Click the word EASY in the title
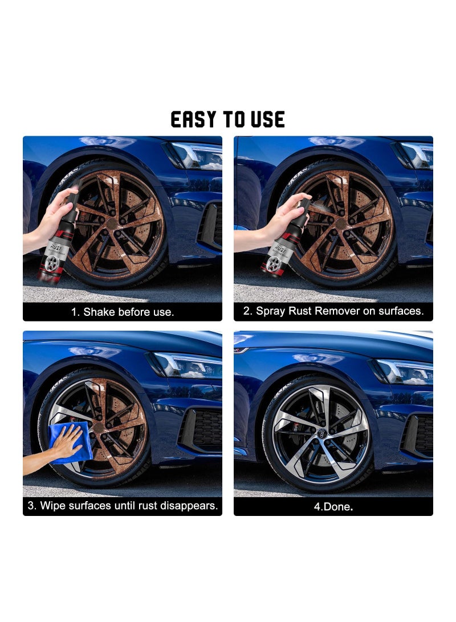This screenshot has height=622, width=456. tap(194, 119)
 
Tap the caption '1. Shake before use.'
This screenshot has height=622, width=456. tap(123, 312)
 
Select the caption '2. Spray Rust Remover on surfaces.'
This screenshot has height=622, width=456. tap(333, 311)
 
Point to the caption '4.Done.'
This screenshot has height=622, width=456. tap(333, 506)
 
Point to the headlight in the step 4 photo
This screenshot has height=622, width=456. tap(404, 371)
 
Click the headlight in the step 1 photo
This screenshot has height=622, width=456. tap(196, 155)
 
